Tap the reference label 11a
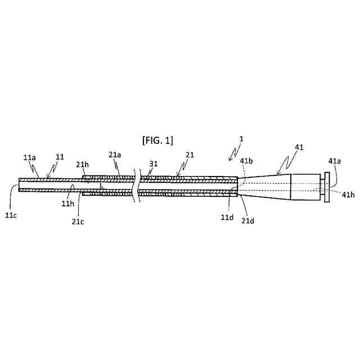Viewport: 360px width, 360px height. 30,159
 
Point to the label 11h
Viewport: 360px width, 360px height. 67,203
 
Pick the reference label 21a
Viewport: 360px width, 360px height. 114,154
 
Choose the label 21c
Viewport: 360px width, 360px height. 78,221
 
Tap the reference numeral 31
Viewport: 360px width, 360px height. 153,164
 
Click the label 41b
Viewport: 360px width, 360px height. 246,160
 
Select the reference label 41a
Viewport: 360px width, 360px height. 334,161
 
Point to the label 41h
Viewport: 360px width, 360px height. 348,194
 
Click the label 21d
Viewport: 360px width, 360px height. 248,220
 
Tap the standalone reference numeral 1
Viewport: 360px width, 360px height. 241,138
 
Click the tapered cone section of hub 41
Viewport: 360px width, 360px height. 264,186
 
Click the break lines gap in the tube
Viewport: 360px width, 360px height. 135,186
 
